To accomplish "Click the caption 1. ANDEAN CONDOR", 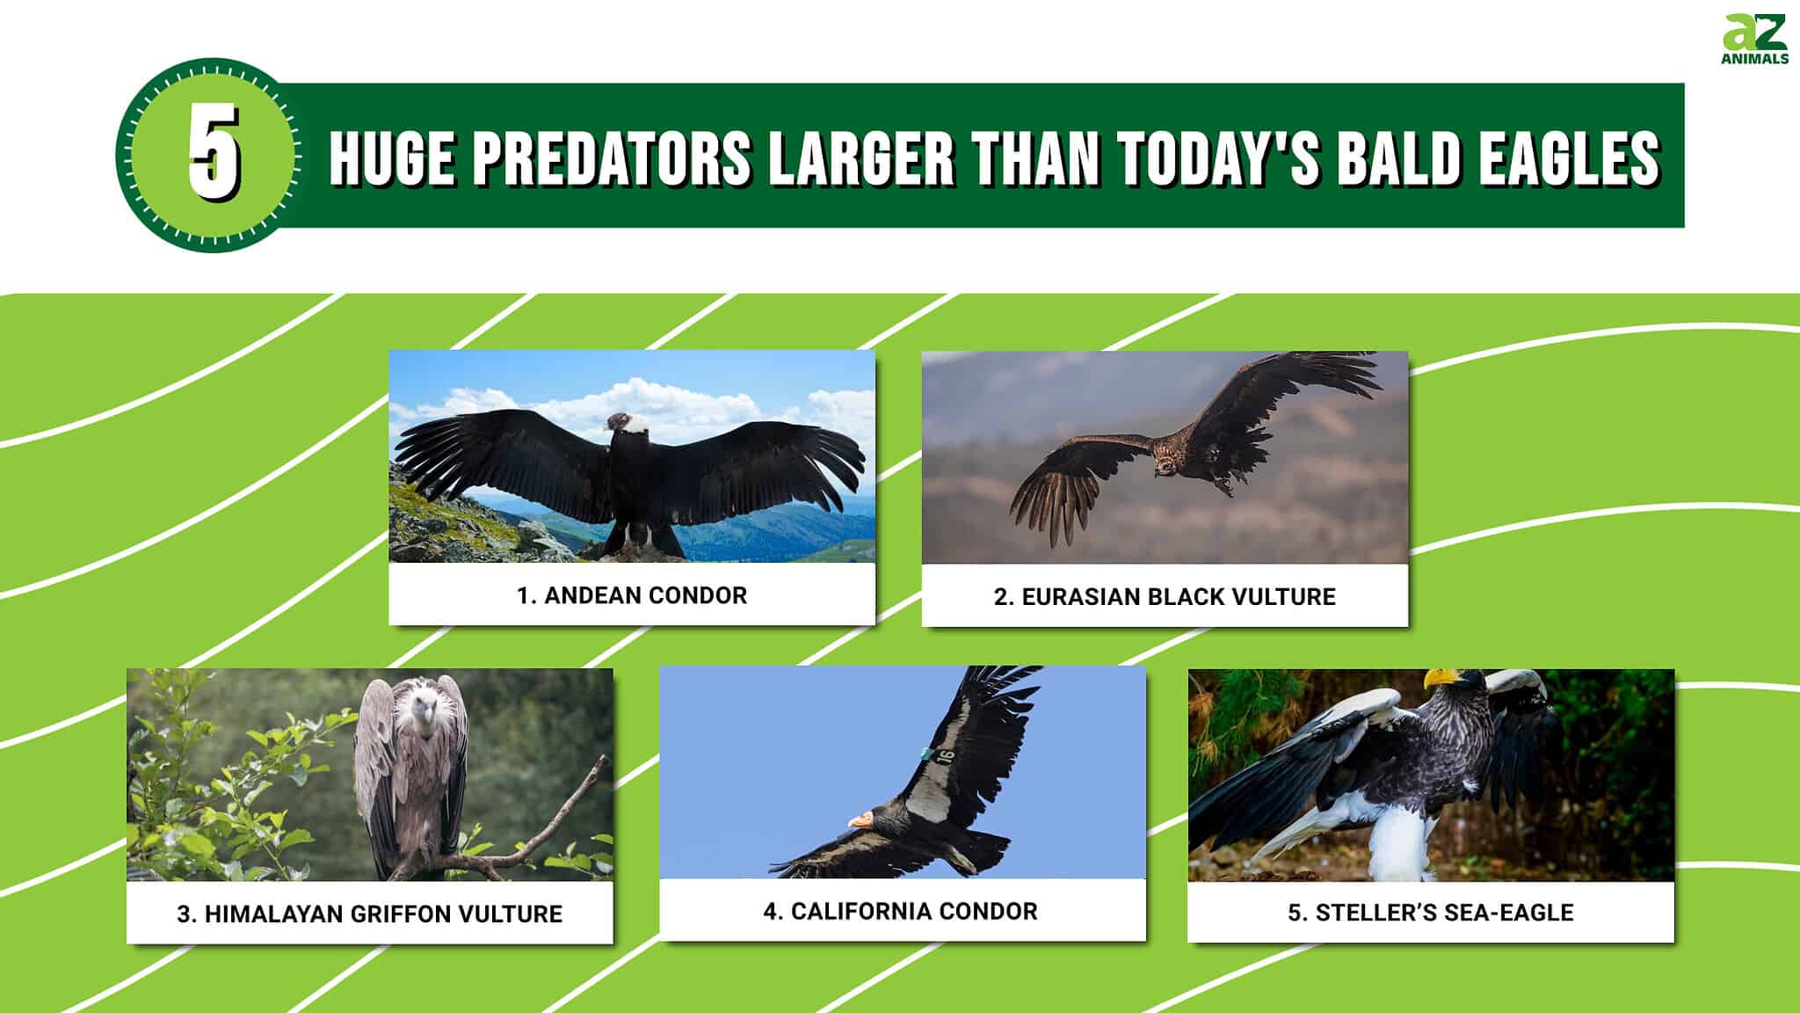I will click(631, 595).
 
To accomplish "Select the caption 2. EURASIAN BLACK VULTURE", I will click(1164, 597).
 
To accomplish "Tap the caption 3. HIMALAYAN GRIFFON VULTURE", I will click(369, 914).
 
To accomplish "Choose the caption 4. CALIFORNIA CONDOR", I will click(900, 911).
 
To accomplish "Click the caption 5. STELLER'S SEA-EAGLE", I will click(1430, 913).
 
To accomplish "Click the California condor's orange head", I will click(861, 820).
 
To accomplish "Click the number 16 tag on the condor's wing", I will click(946, 755).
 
